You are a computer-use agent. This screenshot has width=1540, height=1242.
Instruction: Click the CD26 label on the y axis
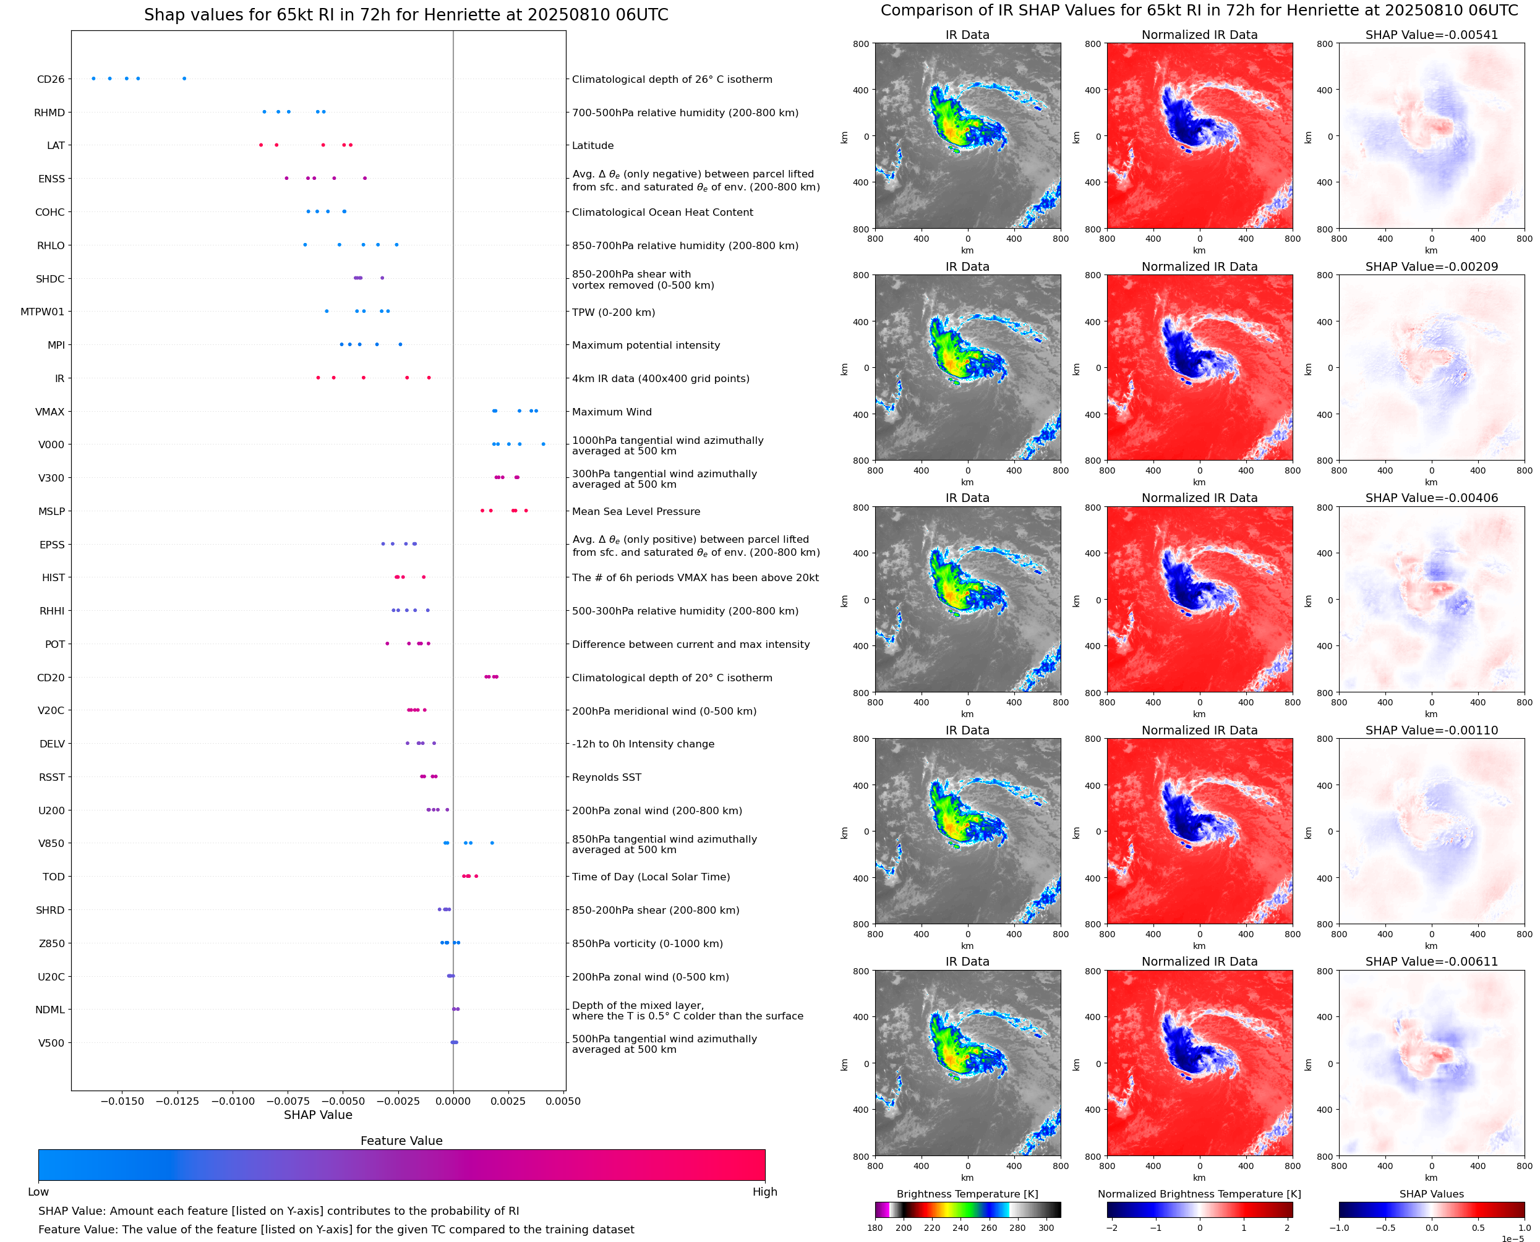[x=50, y=79]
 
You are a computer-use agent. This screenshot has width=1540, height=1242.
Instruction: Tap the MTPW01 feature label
[x=42, y=312]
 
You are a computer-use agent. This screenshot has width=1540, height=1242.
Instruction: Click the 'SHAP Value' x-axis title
[x=318, y=1115]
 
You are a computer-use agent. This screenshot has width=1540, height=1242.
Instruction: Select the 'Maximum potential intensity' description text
[x=646, y=346]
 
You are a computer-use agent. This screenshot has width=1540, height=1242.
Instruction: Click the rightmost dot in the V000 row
[x=543, y=444]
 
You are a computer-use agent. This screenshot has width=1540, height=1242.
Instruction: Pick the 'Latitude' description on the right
[x=592, y=146]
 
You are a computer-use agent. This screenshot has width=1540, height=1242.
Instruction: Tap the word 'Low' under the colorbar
[x=38, y=1192]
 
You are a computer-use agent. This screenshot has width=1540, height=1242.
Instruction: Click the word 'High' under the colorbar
[x=764, y=1192]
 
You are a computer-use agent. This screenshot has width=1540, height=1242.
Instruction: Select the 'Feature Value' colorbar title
[x=401, y=1141]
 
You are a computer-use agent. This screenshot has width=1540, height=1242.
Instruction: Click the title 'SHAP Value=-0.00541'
[x=1431, y=35]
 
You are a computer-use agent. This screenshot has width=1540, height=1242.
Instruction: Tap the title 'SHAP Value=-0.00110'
[x=1431, y=731]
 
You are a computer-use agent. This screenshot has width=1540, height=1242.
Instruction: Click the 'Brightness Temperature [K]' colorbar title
[x=967, y=1194]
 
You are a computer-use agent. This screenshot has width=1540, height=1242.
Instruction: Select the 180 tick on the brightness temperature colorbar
[x=875, y=1228]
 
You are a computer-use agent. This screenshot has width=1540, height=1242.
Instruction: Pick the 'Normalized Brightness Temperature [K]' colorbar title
[x=1199, y=1194]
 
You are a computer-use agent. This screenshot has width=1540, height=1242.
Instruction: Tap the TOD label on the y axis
[x=54, y=877]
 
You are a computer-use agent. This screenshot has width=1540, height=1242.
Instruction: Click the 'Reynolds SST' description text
[x=606, y=778]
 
